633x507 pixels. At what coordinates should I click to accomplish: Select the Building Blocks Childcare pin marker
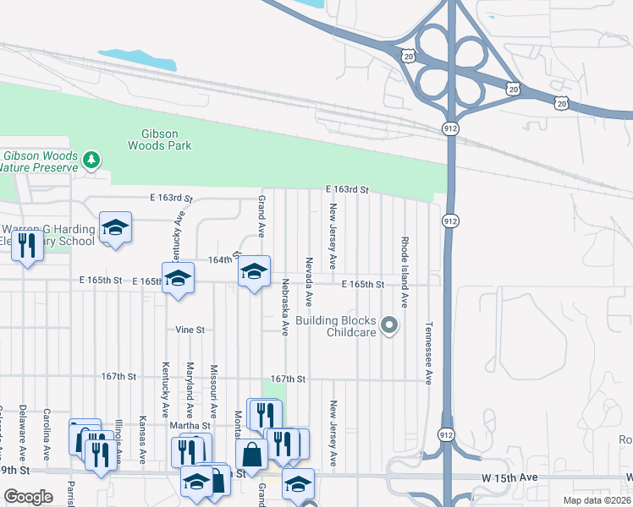point(389,325)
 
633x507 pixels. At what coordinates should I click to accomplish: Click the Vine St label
point(190,330)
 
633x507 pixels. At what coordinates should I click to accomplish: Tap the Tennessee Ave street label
point(429,355)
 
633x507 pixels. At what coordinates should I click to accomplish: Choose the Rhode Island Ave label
point(405,271)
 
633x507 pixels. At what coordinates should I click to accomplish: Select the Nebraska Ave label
point(286,308)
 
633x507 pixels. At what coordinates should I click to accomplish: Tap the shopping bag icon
point(251,455)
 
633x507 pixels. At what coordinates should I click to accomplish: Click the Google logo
point(28,497)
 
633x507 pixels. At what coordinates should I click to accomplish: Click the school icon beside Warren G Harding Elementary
point(115,227)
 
